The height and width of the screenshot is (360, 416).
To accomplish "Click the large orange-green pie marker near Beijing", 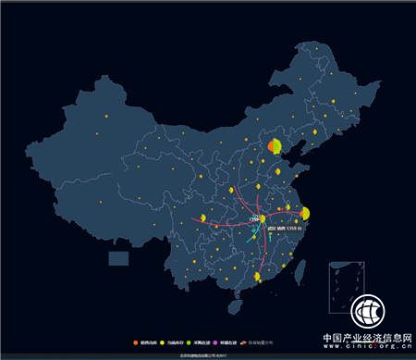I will tap(275, 146).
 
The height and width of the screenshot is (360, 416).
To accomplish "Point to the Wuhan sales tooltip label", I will tap(283, 229).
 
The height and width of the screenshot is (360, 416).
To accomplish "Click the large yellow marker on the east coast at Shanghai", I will tap(305, 214).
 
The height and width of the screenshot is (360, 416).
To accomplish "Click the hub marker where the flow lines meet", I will tap(262, 219).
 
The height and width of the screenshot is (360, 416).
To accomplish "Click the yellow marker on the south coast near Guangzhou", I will tap(256, 277).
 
